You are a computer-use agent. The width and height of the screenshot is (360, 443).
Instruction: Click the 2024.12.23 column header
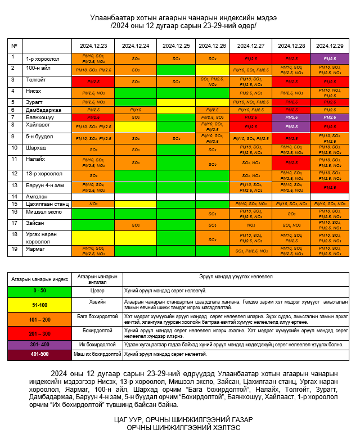click(x=93, y=46)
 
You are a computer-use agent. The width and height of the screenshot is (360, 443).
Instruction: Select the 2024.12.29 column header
click(x=330, y=46)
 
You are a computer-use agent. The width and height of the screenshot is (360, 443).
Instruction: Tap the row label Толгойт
click(x=36, y=80)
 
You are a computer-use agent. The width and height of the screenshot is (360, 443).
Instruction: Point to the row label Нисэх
click(x=34, y=92)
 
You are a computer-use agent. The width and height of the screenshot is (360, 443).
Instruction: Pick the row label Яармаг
click(x=35, y=248)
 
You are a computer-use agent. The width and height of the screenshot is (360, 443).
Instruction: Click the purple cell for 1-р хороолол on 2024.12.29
click(x=330, y=58)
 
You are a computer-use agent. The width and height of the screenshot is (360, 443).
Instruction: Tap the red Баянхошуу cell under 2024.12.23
click(x=93, y=117)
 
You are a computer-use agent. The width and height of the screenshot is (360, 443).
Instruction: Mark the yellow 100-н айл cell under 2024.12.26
click(x=212, y=70)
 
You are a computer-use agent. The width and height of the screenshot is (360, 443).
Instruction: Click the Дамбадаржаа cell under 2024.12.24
click(x=136, y=110)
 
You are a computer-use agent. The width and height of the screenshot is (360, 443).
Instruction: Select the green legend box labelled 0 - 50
click(x=39, y=290)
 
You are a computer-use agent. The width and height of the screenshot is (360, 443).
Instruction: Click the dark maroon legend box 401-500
click(x=39, y=354)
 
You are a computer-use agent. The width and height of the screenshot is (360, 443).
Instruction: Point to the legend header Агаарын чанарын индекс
click(x=39, y=278)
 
